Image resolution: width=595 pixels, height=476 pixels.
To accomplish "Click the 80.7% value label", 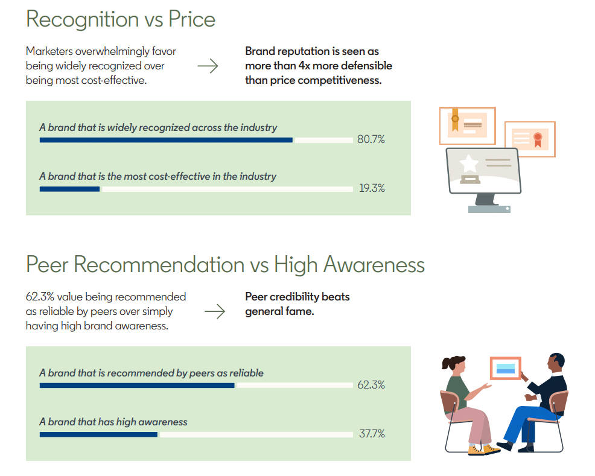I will pyautogui.click(x=371, y=140).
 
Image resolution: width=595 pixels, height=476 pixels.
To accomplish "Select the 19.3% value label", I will pyautogui.click(x=371, y=188).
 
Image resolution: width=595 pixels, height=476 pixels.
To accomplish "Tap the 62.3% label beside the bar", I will pyautogui.click(x=371, y=385).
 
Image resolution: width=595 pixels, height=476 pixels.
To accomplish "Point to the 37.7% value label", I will pyautogui.click(x=371, y=434).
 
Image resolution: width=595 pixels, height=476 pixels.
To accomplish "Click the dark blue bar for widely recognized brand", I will pyautogui.click(x=166, y=140).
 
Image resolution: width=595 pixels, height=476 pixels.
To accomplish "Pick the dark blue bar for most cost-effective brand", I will pyautogui.click(x=69, y=189).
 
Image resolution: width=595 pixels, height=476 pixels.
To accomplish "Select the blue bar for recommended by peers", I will pyautogui.click(x=137, y=385).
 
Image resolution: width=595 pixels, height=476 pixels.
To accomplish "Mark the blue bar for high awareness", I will pyautogui.click(x=98, y=434).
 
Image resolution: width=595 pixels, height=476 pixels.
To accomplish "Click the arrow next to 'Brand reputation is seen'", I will pyautogui.click(x=208, y=66).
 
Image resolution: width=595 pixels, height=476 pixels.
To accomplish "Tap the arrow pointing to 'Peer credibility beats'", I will pyautogui.click(x=214, y=311).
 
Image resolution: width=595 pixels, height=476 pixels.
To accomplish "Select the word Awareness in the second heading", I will pyautogui.click(x=374, y=265).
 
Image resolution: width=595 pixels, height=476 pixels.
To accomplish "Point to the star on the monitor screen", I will pyautogui.click(x=469, y=163).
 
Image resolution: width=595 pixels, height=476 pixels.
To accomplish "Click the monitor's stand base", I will pyautogui.click(x=489, y=209).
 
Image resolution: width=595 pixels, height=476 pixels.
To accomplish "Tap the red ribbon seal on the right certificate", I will pyautogui.click(x=537, y=138).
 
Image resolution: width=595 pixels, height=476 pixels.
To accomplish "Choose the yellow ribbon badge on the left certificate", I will pyautogui.click(x=455, y=119).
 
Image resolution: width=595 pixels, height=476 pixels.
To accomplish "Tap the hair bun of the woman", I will pyautogui.click(x=447, y=364).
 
